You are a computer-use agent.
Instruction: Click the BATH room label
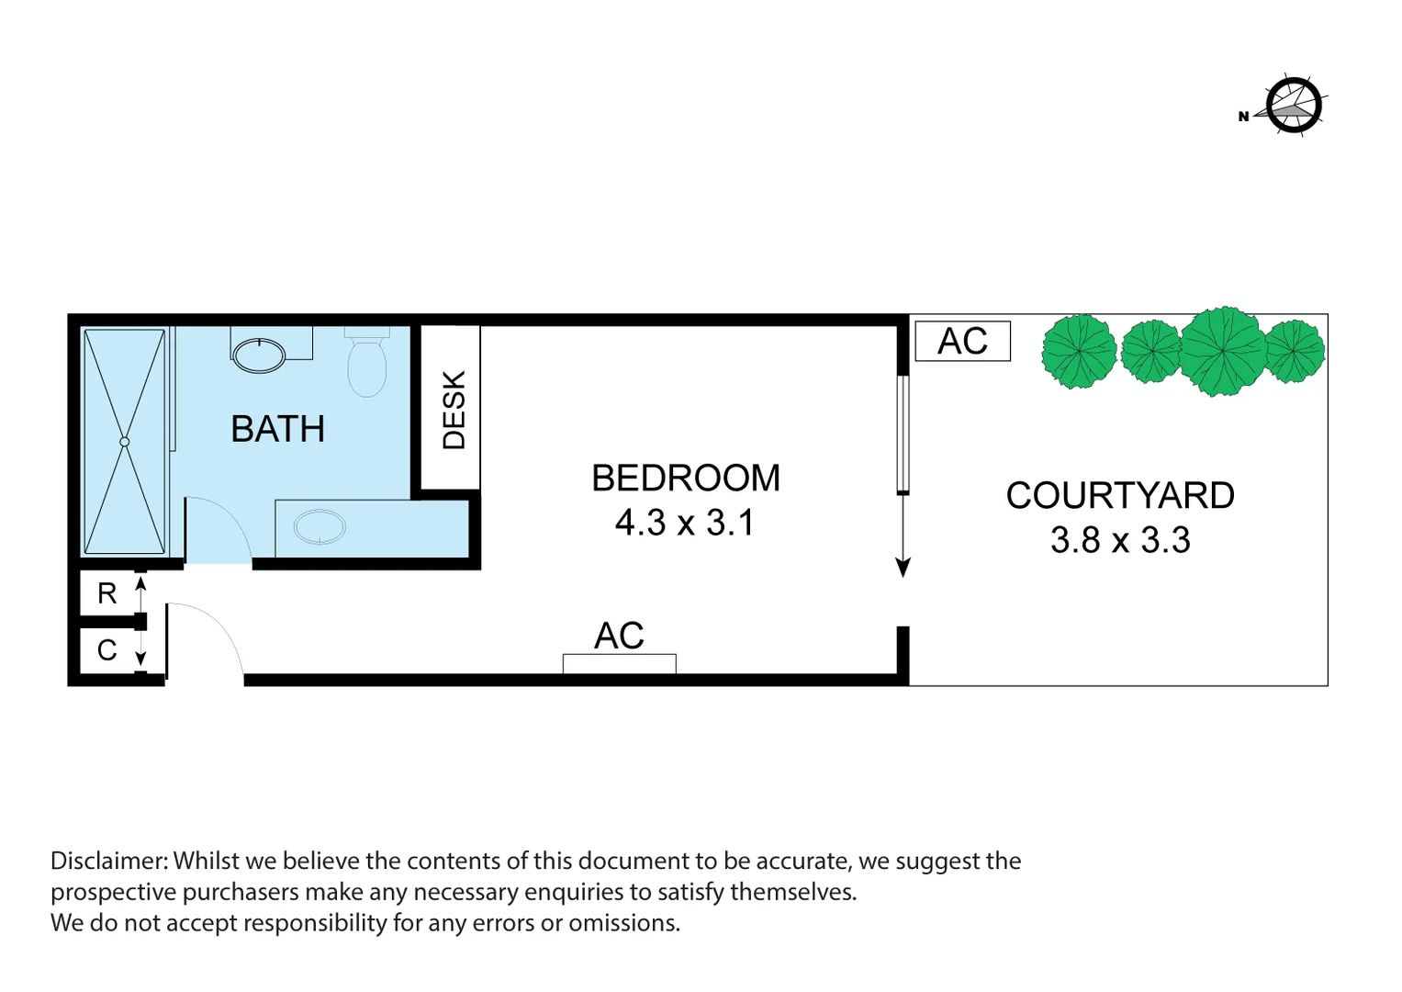[277, 429]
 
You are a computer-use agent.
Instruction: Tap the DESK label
[454, 410]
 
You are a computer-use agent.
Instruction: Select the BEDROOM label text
[685, 478]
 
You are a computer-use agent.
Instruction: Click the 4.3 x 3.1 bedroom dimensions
[685, 523]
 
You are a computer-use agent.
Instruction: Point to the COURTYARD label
[1119, 495]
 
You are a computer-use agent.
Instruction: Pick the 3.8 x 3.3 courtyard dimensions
[1119, 540]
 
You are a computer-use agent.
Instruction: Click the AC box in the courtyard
[962, 341]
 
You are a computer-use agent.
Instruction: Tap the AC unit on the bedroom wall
[620, 662]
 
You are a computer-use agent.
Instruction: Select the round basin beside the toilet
[260, 355]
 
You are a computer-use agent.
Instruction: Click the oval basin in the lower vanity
[320, 527]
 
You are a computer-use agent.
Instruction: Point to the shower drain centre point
[125, 442]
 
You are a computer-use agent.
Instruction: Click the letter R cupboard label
[107, 593]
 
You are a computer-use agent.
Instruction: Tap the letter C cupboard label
[107, 650]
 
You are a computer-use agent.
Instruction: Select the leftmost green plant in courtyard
[1079, 351]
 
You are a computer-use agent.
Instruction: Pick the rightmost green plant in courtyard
[1295, 350]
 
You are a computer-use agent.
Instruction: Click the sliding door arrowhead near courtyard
[903, 568]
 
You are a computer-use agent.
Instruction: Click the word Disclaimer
[109, 861]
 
